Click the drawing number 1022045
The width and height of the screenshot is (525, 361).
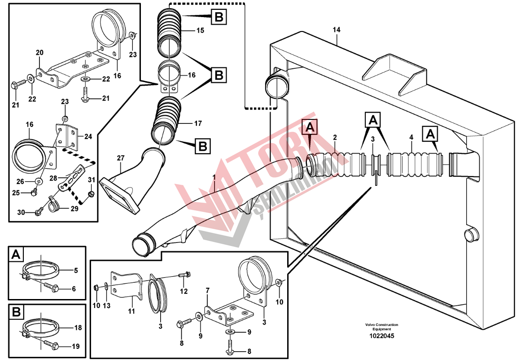pos(381,335)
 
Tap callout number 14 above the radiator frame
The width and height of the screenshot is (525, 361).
pos(337,30)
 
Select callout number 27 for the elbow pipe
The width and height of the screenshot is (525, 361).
pos(121,158)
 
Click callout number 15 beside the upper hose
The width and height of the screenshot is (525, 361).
pos(200,31)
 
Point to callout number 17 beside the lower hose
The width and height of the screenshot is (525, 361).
pos(198,123)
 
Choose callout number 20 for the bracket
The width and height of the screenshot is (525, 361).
pos(39,53)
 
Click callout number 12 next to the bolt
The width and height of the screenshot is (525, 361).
pos(184,291)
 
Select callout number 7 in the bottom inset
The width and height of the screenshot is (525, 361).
pos(207,291)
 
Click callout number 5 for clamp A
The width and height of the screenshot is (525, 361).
pos(75,270)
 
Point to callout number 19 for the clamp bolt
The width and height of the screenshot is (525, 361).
pos(75,346)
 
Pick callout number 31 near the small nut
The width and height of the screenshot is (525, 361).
pos(92,180)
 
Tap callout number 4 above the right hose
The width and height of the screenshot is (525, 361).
pos(411,136)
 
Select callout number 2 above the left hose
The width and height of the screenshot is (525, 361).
pos(334,136)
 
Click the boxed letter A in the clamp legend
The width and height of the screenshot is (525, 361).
pos(16,255)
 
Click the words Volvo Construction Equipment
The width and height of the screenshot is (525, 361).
pos(381,327)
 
